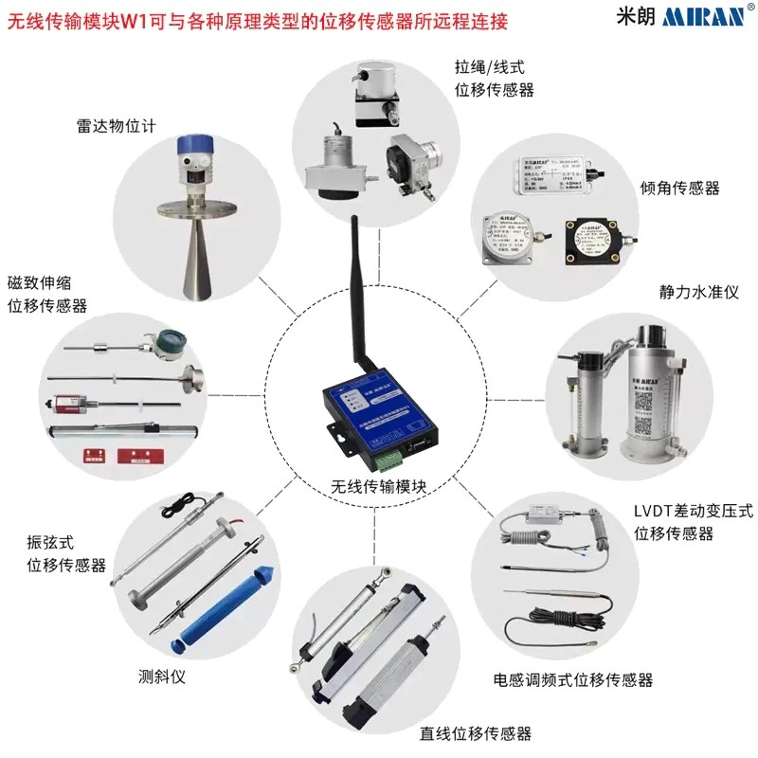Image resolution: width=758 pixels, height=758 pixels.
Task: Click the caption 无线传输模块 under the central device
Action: pos(379,487)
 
